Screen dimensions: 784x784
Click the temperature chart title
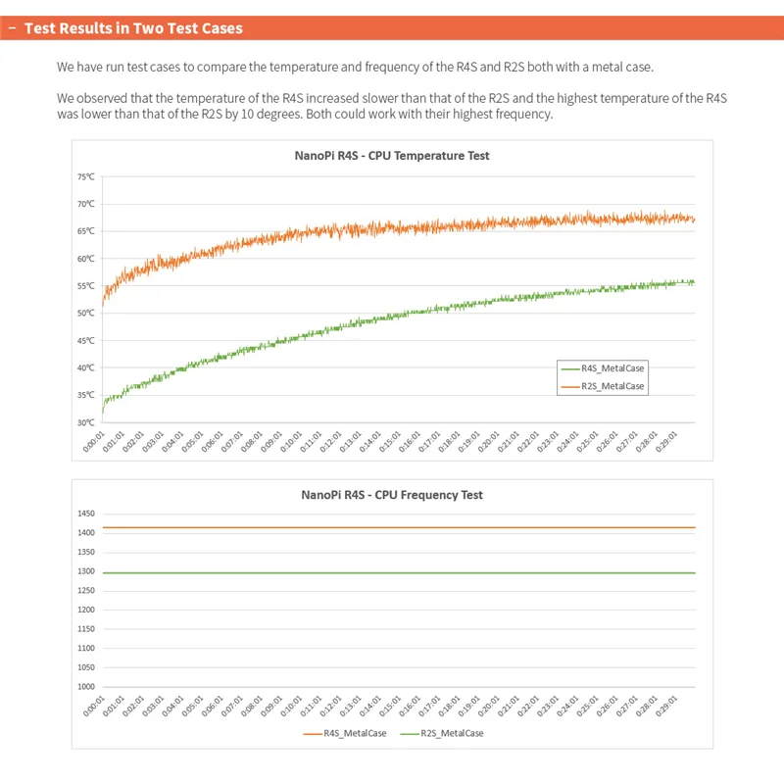[392, 156]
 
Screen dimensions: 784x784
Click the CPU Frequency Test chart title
[392, 495]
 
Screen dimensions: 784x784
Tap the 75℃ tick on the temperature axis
[85, 177]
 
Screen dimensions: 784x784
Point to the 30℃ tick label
[85, 422]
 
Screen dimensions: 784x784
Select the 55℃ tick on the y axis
[85, 286]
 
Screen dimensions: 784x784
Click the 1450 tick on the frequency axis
[85, 514]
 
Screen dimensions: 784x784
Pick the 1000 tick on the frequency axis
[85, 686]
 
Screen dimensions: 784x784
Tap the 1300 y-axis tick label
[85, 571]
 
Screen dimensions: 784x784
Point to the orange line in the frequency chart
[392, 527]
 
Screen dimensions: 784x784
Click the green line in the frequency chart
[392, 573]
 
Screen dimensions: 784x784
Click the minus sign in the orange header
[11, 28]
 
